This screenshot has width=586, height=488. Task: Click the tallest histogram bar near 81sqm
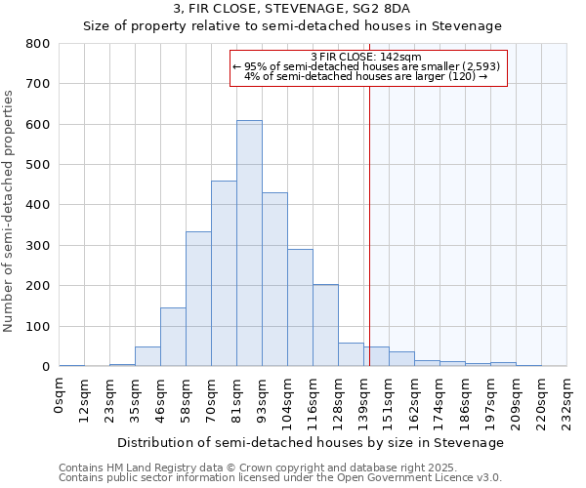[x=249, y=244]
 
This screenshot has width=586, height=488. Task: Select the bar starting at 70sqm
[x=224, y=273]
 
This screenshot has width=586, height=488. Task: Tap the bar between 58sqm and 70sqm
[x=198, y=299]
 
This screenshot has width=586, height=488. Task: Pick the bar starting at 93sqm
[x=274, y=279]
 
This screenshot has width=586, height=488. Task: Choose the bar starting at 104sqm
[x=300, y=307]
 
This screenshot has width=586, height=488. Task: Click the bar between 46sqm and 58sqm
[x=173, y=337]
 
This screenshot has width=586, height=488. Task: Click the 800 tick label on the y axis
[x=38, y=44]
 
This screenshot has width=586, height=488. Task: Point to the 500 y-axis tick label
[x=38, y=165]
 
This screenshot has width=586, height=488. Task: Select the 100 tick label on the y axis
[x=38, y=326]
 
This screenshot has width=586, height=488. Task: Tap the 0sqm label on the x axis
[x=60, y=395]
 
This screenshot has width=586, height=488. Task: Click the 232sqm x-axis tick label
[x=567, y=401]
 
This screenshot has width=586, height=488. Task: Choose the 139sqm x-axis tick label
[x=364, y=401]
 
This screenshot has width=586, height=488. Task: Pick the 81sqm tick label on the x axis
[x=237, y=398]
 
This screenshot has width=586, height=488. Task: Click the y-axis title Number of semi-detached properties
[x=10, y=210]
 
